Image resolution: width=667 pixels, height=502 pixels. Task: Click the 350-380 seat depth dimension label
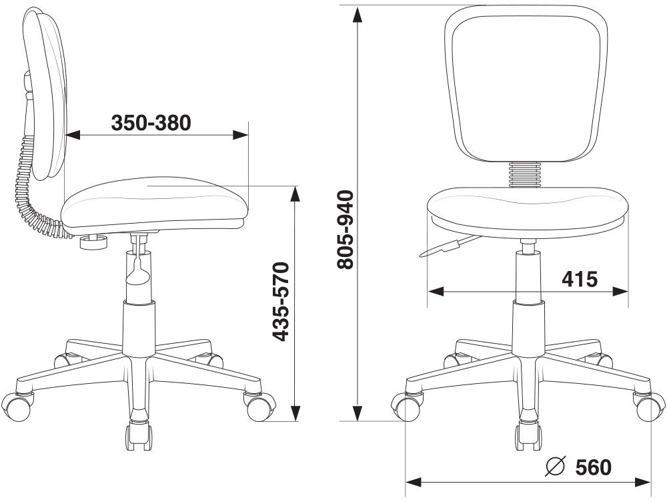[x=151, y=123]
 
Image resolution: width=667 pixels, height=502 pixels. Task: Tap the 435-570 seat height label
[x=280, y=302]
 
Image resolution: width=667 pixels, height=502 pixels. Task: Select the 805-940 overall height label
[x=345, y=230]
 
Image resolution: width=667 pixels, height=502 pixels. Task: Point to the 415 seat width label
[x=580, y=279]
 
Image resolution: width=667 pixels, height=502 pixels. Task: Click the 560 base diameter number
[x=594, y=467]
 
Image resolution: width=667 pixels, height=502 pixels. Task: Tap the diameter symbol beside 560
[x=555, y=466]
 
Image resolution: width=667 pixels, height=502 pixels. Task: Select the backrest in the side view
[x=45, y=93]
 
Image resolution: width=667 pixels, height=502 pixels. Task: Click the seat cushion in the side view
[x=154, y=205]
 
